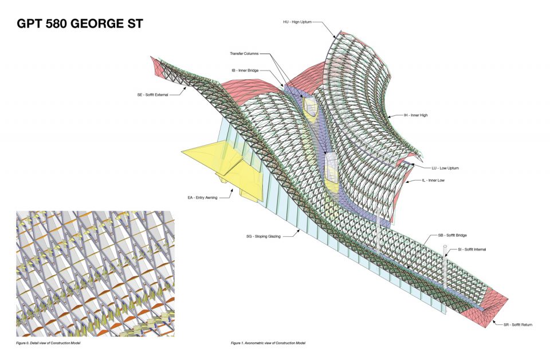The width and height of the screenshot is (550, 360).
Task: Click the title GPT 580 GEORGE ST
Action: point(80,24)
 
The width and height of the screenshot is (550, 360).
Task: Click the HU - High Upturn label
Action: point(297,22)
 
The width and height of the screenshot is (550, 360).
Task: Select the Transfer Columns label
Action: point(244,54)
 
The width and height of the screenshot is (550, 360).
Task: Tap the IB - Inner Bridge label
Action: point(245,71)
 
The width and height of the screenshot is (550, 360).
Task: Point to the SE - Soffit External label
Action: point(152,95)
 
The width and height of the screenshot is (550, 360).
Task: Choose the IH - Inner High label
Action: point(416,115)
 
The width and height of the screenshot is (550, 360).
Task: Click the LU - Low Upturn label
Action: point(445,168)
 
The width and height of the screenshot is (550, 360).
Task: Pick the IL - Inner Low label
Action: point(434,181)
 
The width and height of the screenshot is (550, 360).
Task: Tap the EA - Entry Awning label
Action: point(202,198)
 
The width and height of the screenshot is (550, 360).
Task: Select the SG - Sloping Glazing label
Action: point(264,237)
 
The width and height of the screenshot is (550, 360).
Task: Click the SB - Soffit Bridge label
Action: point(453,236)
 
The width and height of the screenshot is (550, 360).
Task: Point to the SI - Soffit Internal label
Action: point(472,249)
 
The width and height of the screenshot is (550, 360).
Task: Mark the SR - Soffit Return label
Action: point(518,325)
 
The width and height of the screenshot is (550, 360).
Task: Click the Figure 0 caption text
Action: point(48,343)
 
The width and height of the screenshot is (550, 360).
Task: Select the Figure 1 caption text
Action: point(268,343)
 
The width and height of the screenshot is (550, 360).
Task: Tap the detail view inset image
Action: point(96,273)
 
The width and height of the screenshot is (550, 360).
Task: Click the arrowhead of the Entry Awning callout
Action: point(232,190)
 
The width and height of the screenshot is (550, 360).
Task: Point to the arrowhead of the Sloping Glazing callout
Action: point(299,230)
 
